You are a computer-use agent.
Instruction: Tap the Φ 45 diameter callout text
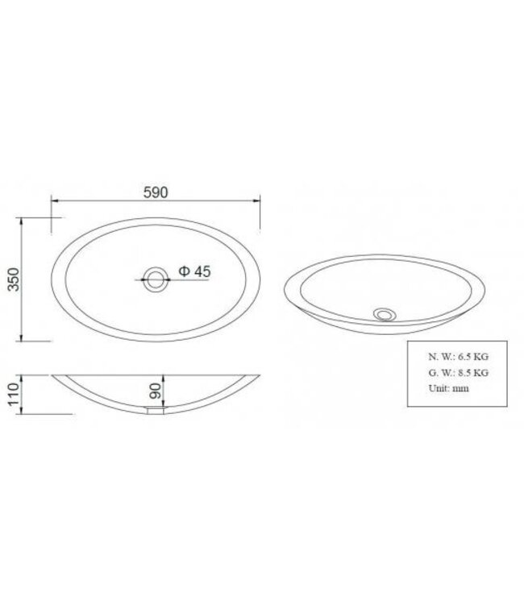[x=194, y=272]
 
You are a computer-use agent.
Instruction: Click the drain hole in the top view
[x=154, y=281]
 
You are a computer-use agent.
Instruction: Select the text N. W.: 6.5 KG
[x=459, y=356]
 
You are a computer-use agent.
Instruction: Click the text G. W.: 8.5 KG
[x=459, y=372]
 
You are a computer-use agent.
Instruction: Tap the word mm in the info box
[x=460, y=388]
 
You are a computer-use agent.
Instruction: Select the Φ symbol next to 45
[x=183, y=272]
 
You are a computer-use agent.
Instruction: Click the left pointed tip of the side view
[x=52, y=374]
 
